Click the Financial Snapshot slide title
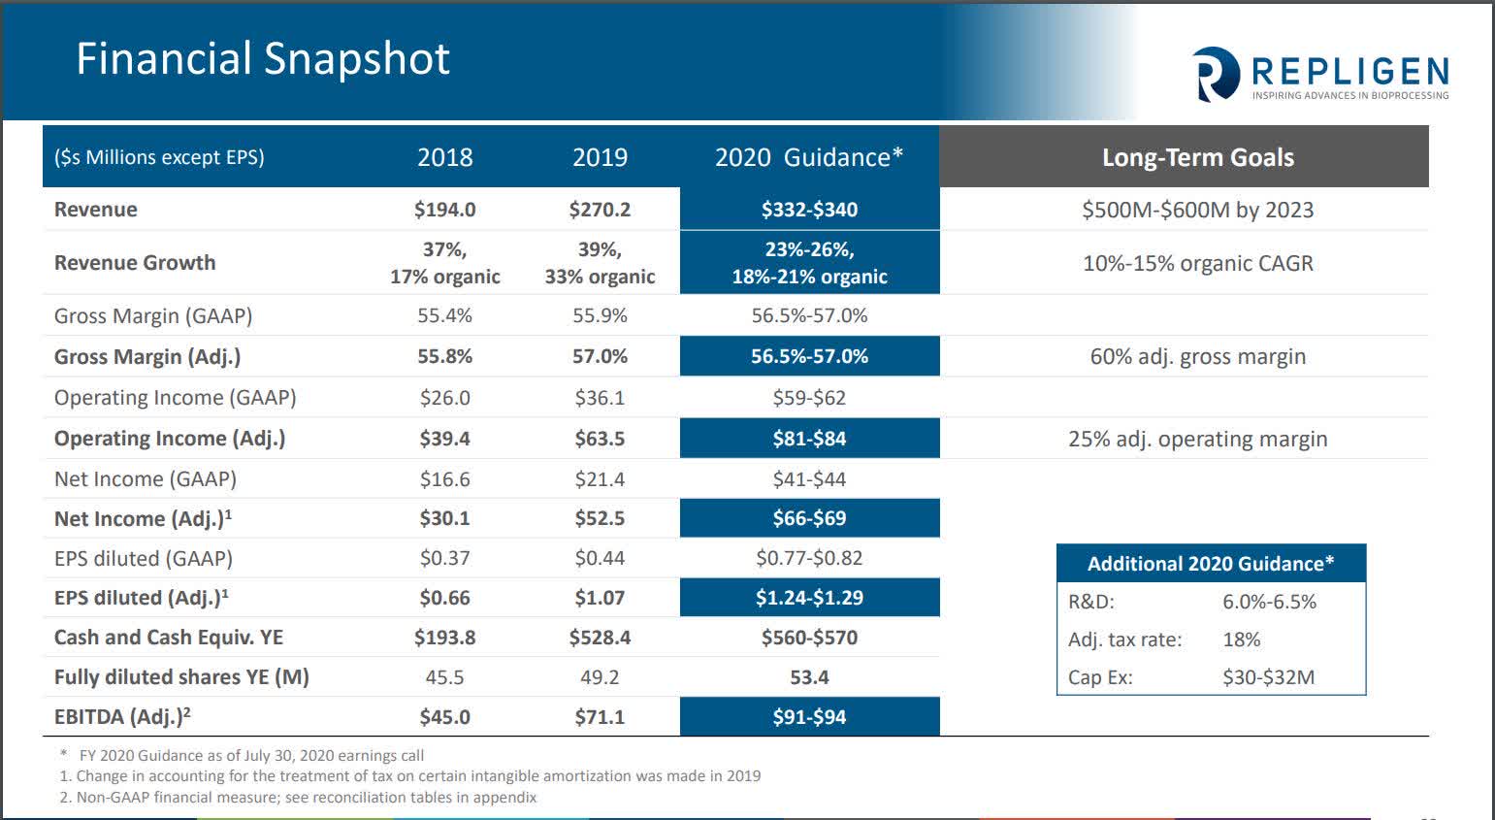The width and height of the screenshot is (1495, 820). [x=263, y=58]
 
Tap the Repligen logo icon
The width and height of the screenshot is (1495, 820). [x=1216, y=75]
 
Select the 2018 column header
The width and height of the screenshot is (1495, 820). [x=444, y=157]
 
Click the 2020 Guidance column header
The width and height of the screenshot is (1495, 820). [x=808, y=157]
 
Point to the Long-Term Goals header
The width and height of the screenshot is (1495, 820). [x=1197, y=157]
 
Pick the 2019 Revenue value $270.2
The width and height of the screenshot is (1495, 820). [x=600, y=210]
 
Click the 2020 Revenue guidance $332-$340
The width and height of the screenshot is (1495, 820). [x=809, y=210]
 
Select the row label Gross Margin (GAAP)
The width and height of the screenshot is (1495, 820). [x=153, y=315]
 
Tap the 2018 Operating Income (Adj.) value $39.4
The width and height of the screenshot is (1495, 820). [x=444, y=439]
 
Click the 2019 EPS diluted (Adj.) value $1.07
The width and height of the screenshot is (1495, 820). [x=600, y=598]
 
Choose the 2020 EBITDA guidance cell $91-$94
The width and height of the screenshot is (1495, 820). [x=809, y=717]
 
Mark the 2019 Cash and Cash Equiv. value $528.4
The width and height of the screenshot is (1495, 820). [x=600, y=638]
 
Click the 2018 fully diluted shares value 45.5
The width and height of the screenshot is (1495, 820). [x=444, y=677]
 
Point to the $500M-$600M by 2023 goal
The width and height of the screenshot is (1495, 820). [x=1197, y=210]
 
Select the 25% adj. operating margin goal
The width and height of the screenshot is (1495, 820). [x=1197, y=439]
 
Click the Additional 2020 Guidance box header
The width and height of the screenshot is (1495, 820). [x=1210, y=564]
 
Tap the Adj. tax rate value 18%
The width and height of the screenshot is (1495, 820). [x=1241, y=640]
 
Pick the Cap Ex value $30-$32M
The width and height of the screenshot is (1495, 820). [x=1268, y=677]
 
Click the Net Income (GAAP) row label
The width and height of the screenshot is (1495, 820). [x=146, y=478]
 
